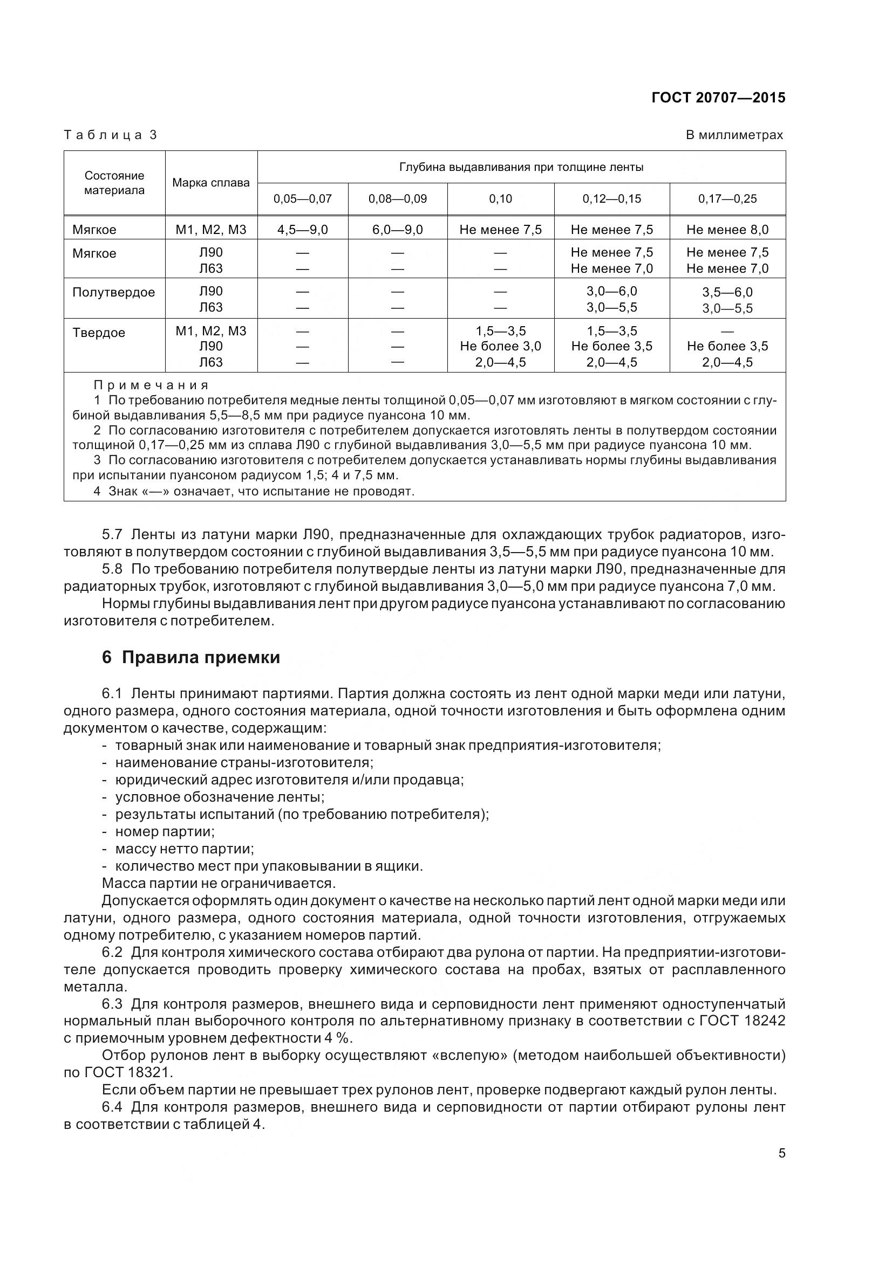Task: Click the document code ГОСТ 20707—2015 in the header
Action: (718, 98)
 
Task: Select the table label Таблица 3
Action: (111, 135)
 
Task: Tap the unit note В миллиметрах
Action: (734, 135)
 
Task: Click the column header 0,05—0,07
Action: (302, 199)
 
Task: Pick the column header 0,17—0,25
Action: (727, 199)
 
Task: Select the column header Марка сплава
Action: (211, 183)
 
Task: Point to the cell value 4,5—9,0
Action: (302, 230)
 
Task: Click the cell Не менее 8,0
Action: (727, 230)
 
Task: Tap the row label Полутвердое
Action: (113, 292)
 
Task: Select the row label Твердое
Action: (98, 333)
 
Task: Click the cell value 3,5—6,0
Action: (727, 292)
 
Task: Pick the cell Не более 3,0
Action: (500, 346)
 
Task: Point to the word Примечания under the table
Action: (151, 385)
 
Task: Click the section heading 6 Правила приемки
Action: (190, 657)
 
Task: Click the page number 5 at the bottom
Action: (781, 1153)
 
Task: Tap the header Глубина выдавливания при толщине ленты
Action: (521, 167)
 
